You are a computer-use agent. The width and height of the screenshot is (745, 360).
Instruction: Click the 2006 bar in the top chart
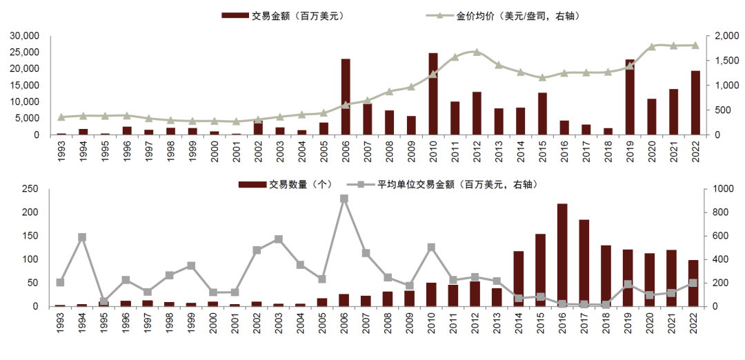point(346,97)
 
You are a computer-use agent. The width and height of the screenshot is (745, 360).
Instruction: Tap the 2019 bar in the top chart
point(630,97)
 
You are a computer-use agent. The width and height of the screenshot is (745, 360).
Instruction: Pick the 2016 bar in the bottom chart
point(562,254)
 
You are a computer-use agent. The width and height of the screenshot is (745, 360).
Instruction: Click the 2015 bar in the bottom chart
point(540,270)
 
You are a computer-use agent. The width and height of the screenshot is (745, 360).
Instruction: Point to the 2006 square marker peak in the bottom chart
point(344,199)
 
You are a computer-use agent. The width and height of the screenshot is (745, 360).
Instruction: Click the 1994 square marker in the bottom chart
point(83,237)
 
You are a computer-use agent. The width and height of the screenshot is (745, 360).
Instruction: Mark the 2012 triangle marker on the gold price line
point(477,52)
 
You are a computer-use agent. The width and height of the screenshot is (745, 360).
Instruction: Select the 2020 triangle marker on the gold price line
point(651,47)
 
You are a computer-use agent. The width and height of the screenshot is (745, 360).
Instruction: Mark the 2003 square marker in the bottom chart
point(279,239)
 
